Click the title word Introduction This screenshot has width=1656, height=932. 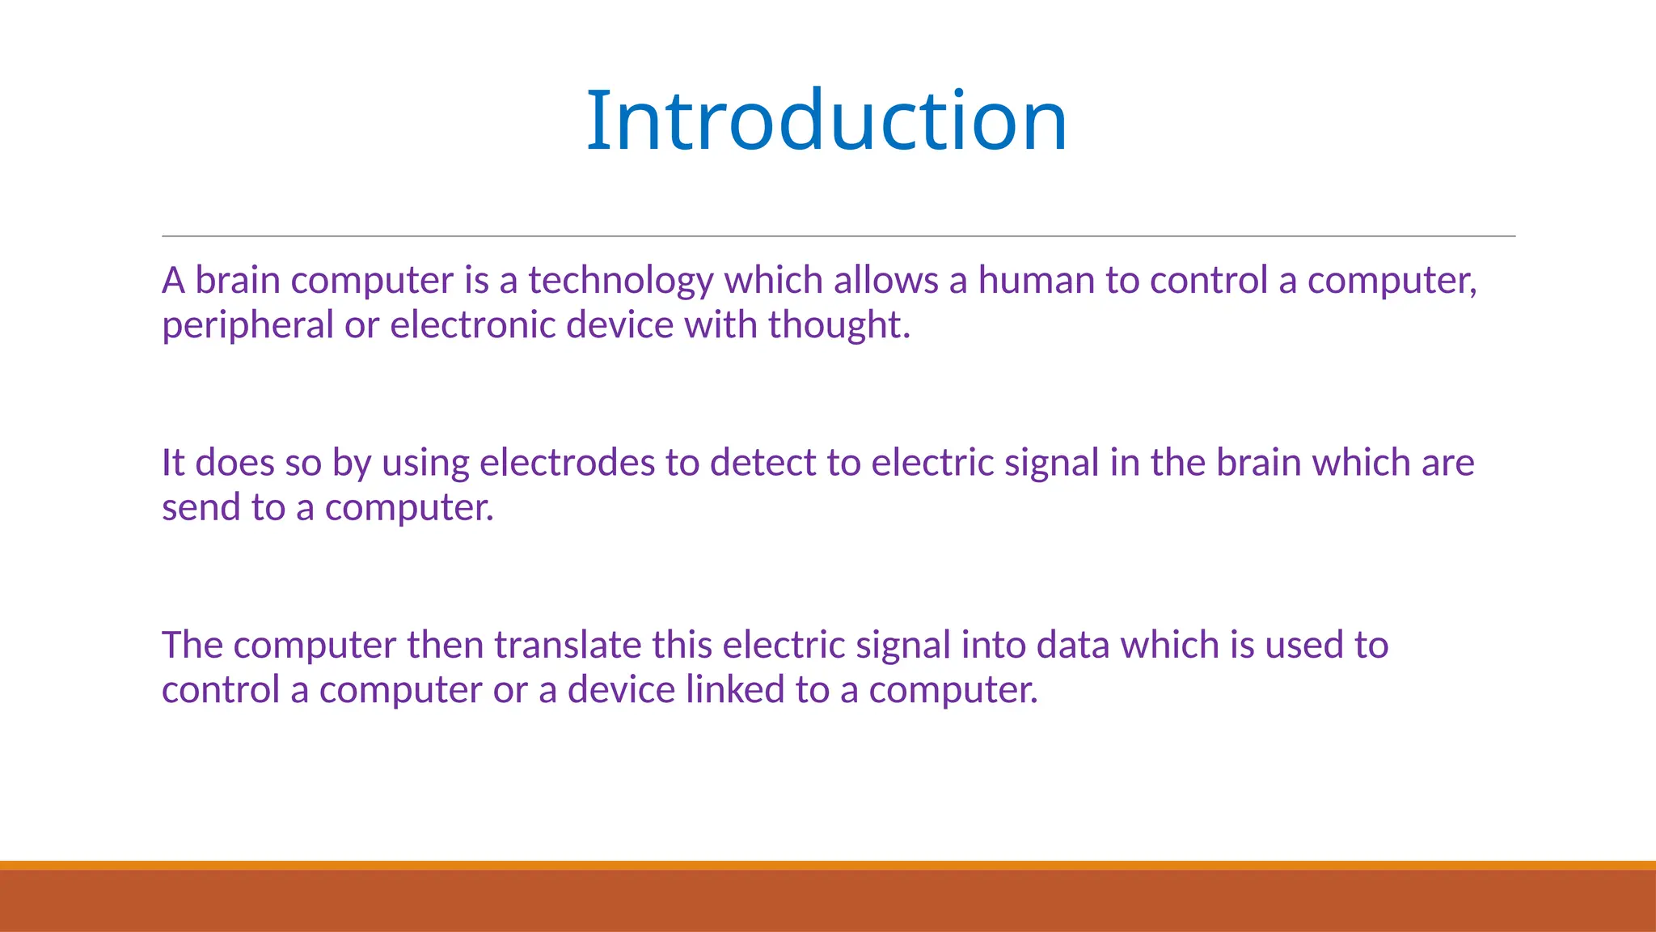click(x=826, y=121)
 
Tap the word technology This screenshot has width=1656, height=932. click(x=620, y=281)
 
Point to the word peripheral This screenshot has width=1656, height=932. click(x=247, y=326)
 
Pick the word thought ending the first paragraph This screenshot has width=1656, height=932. click(x=838, y=325)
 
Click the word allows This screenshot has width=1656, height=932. click(x=885, y=281)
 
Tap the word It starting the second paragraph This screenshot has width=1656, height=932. click(x=173, y=463)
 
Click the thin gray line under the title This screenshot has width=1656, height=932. click(x=838, y=236)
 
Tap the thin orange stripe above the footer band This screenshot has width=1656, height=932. click(x=828, y=865)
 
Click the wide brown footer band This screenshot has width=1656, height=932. click(x=828, y=900)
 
